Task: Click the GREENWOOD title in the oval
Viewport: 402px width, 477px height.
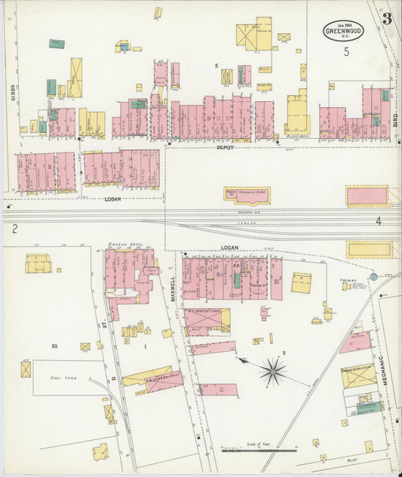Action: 343,32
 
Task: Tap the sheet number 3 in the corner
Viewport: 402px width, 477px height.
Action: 386,19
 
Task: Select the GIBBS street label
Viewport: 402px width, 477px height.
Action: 13,93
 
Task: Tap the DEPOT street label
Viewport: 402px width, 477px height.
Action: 225,148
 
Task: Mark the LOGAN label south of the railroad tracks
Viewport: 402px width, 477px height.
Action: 229,248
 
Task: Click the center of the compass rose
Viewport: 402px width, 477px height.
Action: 272,371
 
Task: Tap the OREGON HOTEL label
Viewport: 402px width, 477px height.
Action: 125,245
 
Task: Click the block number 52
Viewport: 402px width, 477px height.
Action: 54,345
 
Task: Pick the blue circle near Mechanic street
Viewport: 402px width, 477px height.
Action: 373,277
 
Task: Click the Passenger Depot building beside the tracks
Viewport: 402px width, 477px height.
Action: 247,195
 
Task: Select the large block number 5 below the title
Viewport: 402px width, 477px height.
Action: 347,52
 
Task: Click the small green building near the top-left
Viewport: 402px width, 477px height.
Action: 57,44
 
